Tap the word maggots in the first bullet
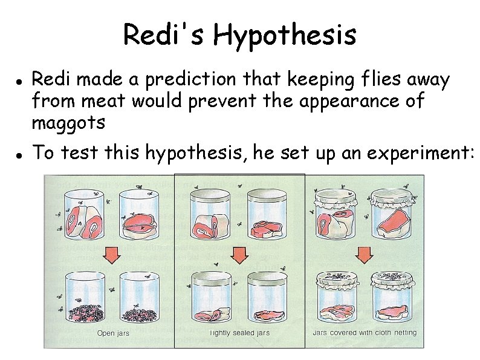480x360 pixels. coord(68,123)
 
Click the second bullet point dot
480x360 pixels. coord(19,155)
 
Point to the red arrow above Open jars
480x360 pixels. coord(112,256)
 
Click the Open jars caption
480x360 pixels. coord(113,333)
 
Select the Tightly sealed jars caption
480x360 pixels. coord(239,333)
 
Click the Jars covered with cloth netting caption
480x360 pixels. coord(365,333)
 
